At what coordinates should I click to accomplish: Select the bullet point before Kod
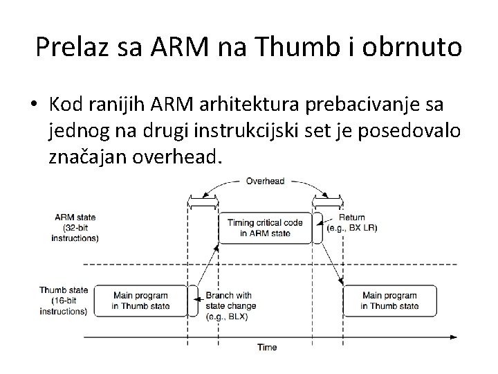(33, 105)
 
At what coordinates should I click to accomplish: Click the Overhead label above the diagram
(266, 181)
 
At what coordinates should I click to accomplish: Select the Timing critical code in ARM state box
(265, 229)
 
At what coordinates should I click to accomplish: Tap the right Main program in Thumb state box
(389, 300)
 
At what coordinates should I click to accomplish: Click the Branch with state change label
(230, 305)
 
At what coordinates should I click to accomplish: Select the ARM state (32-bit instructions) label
(75, 228)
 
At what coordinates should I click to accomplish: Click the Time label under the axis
(267, 347)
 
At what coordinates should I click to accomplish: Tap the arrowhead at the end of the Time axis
(454, 337)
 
